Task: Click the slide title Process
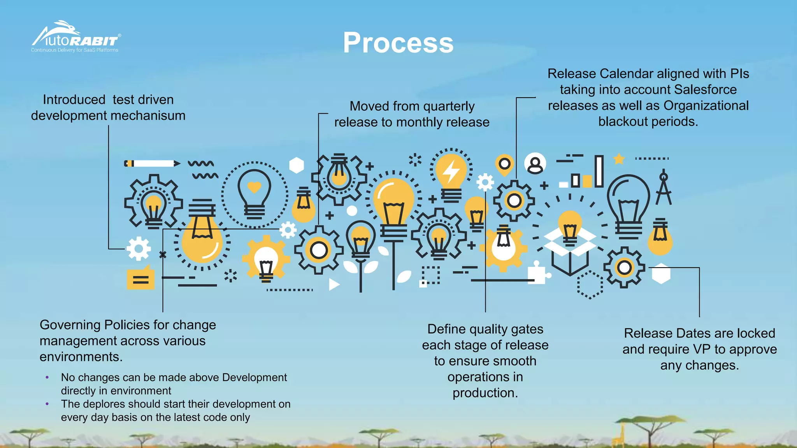click(x=398, y=42)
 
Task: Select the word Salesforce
click(x=705, y=89)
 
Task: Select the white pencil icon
click(x=152, y=163)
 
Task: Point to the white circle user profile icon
click(x=535, y=164)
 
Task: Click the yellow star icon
click(x=619, y=159)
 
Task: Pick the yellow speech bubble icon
click(x=140, y=278)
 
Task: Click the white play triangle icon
click(x=334, y=284)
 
